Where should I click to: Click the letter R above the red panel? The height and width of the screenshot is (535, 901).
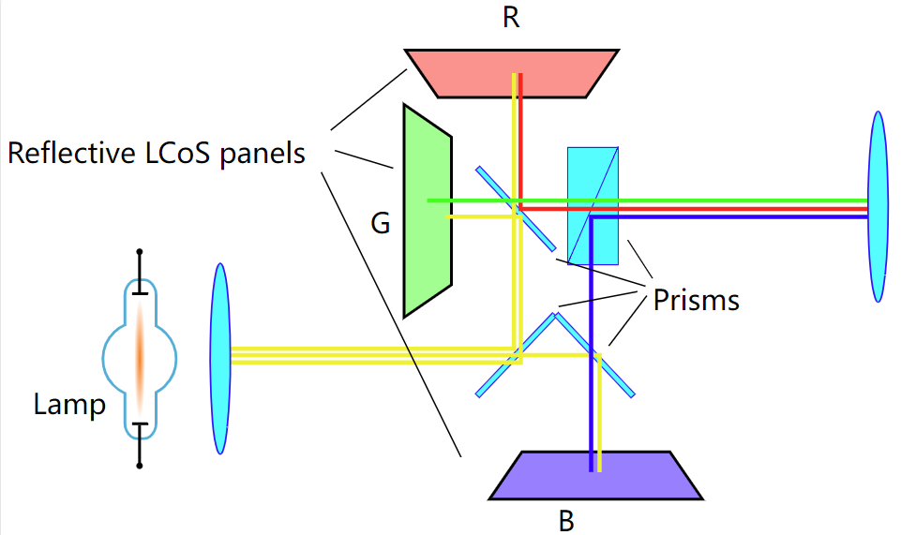511,18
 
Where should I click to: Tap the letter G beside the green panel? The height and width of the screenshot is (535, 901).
381,223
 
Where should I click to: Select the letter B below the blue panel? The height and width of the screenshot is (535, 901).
566,521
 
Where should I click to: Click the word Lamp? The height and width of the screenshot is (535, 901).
69,404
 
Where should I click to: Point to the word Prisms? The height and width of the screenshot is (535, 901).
696,300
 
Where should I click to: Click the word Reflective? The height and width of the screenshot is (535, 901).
70,154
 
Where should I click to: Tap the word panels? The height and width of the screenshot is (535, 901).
263,155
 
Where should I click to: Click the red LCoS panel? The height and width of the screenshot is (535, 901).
511,73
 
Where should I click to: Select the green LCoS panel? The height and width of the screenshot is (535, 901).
428,211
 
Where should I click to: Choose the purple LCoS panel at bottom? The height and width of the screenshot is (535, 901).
596,475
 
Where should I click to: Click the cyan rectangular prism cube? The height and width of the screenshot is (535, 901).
593,206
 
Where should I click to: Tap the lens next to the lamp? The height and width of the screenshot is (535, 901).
220,359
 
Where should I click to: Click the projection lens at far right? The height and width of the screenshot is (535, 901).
878,207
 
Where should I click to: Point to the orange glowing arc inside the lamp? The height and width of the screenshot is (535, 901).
140,360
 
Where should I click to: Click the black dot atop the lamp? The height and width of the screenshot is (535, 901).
139,252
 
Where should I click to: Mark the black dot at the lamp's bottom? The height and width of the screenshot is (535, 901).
139,466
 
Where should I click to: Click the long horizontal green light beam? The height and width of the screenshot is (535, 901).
647,201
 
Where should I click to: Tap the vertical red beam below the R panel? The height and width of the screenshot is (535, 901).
520,141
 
